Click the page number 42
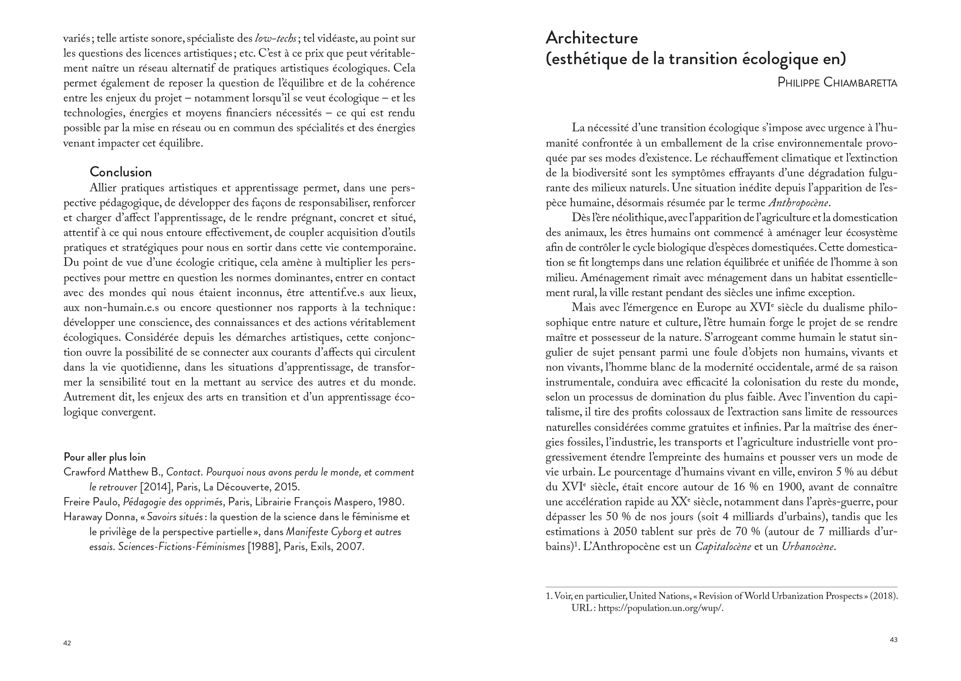click(67, 643)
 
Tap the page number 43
click(893, 640)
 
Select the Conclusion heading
click(121, 172)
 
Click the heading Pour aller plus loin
click(104, 456)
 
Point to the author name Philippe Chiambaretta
click(837, 82)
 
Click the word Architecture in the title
click(591, 38)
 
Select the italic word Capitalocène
click(723, 546)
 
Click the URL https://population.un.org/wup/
click(660, 608)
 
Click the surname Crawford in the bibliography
click(84, 472)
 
